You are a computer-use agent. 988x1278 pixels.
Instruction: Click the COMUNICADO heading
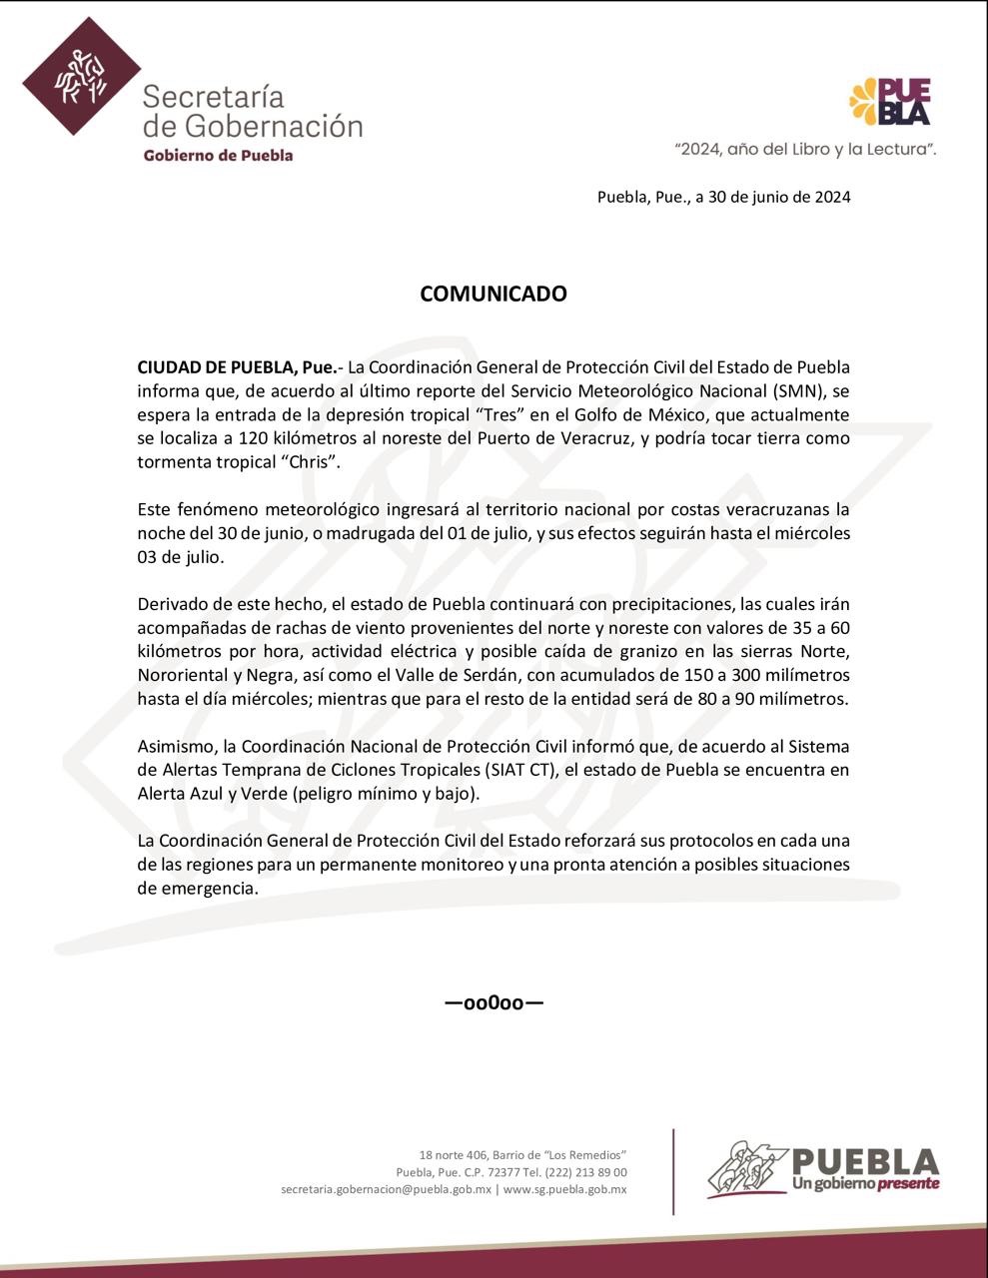(x=493, y=294)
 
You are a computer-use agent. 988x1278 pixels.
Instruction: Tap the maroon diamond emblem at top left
(x=82, y=76)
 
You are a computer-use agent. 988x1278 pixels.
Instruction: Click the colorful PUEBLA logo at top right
(x=890, y=102)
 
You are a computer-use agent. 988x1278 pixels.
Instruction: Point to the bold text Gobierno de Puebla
(x=218, y=156)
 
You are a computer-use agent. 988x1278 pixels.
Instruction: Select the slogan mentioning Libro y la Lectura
(x=805, y=149)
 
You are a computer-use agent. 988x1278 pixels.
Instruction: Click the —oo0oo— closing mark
(x=494, y=1002)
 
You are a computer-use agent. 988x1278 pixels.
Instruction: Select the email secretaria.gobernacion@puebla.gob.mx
(x=387, y=1189)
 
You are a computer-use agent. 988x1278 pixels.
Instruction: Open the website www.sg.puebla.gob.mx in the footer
(x=565, y=1189)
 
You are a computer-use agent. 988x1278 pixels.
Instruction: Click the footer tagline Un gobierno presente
(x=865, y=1184)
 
